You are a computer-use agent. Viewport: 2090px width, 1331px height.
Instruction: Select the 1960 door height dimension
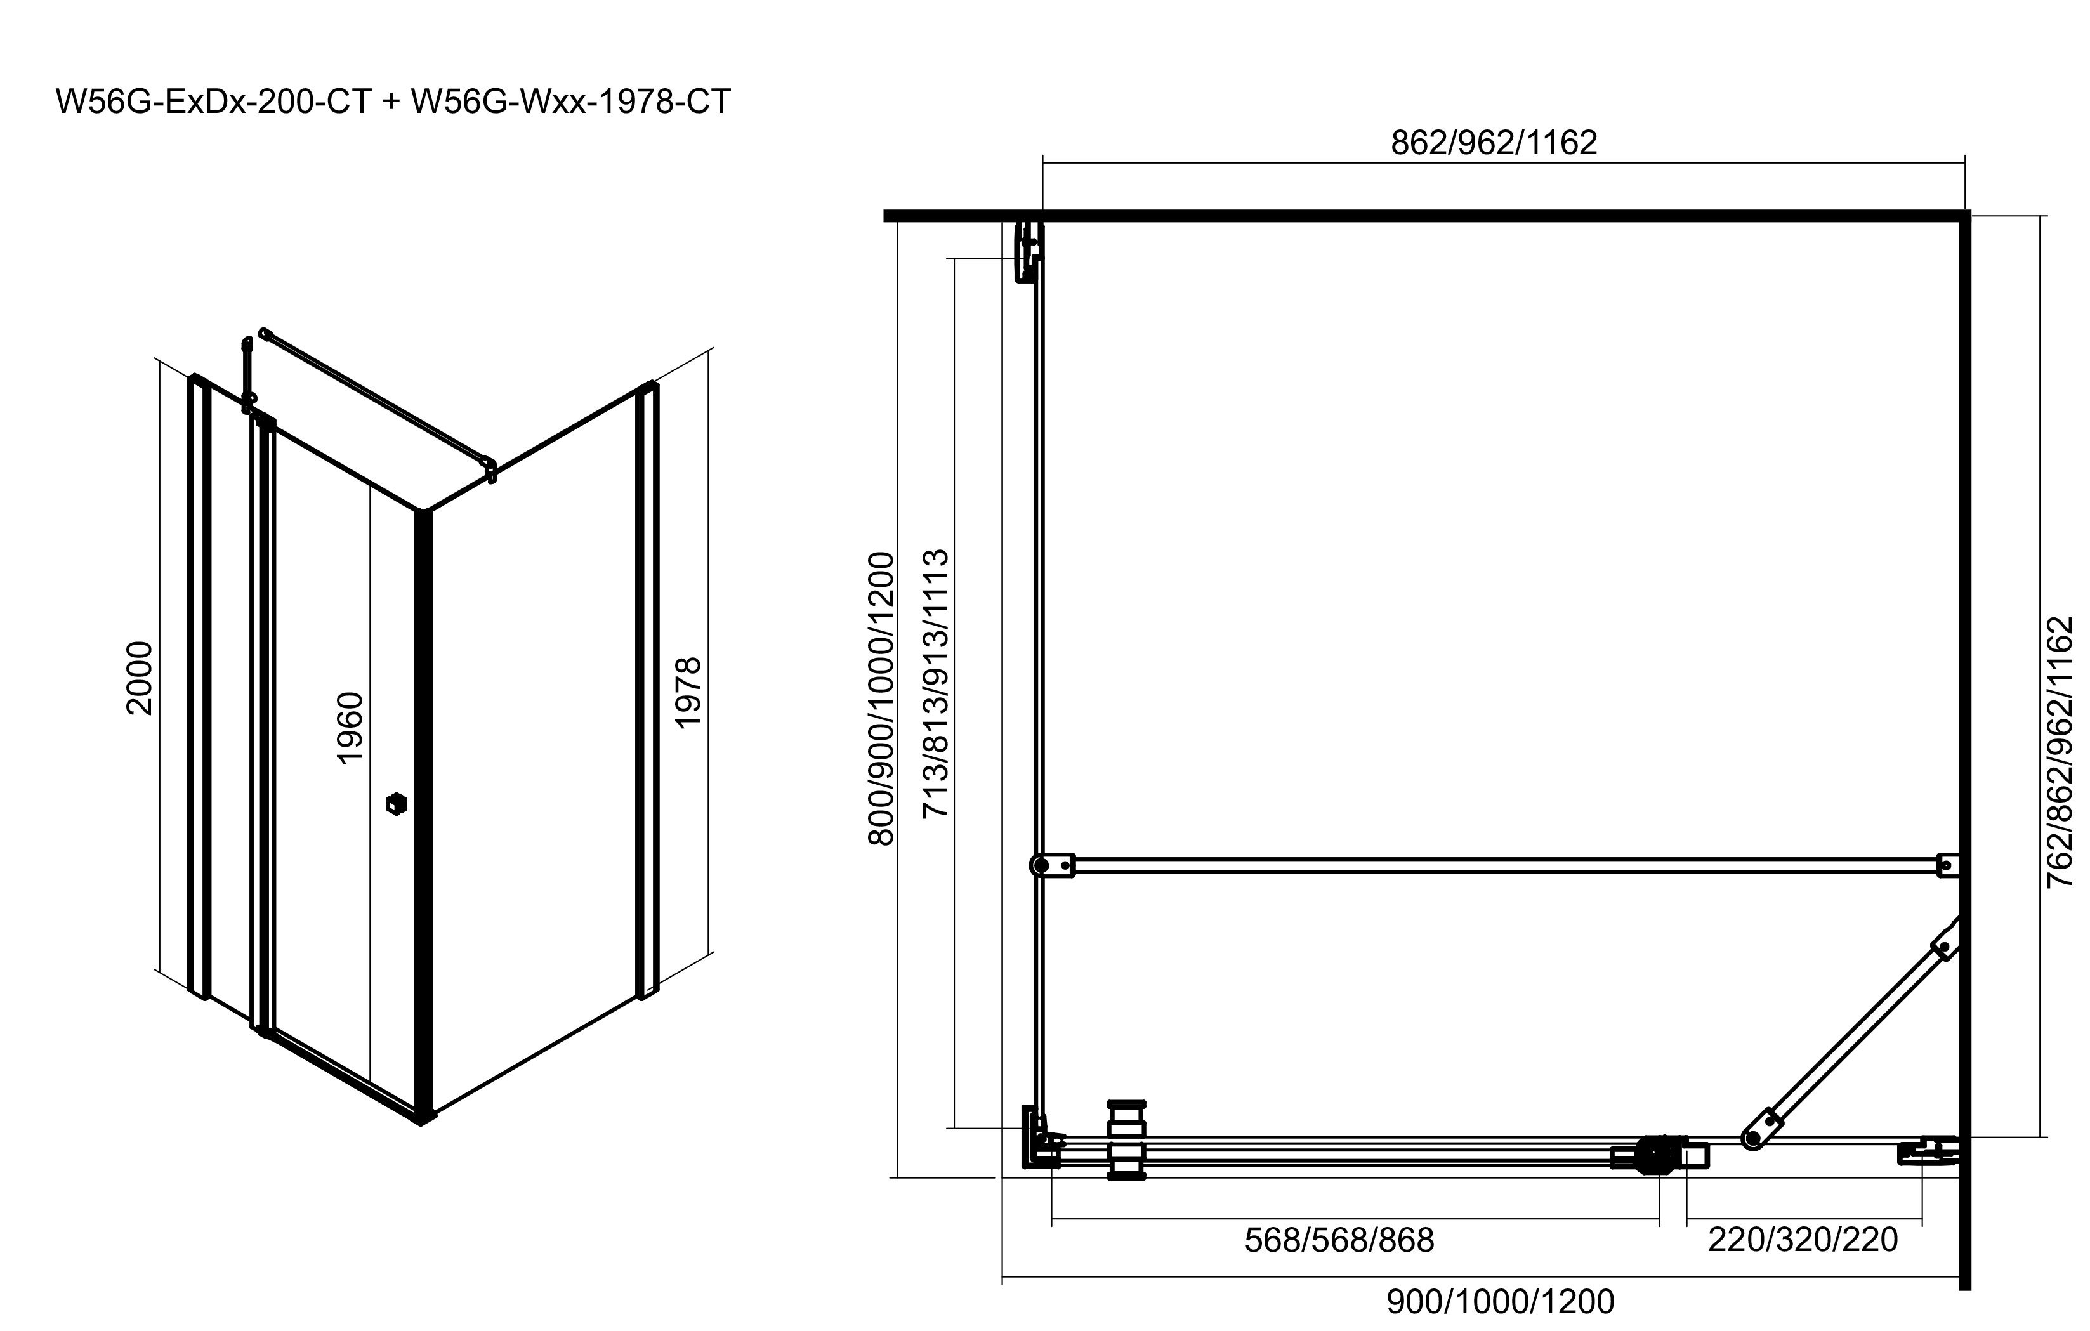point(349,727)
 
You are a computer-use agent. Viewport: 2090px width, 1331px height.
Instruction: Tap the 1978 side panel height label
point(687,692)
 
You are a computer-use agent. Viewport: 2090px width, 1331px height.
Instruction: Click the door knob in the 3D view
point(397,804)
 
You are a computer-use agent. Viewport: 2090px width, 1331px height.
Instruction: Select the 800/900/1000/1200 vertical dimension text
point(881,698)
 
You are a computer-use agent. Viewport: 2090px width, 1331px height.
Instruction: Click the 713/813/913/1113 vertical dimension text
point(936,684)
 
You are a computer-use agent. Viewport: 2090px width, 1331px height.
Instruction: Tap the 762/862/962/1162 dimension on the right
point(2059,752)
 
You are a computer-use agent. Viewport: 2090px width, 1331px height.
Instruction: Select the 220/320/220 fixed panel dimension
point(1803,1240)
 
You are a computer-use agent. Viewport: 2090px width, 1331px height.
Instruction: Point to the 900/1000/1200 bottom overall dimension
point(1500,1301)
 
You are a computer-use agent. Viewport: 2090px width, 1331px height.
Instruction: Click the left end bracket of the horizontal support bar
point(1051,865)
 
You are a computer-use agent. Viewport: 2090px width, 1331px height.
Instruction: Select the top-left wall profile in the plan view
point(1028,252)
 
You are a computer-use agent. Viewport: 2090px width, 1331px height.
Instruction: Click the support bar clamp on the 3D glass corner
point(490,469)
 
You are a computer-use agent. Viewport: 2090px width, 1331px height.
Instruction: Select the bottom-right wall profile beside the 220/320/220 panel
point(1937,1151)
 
